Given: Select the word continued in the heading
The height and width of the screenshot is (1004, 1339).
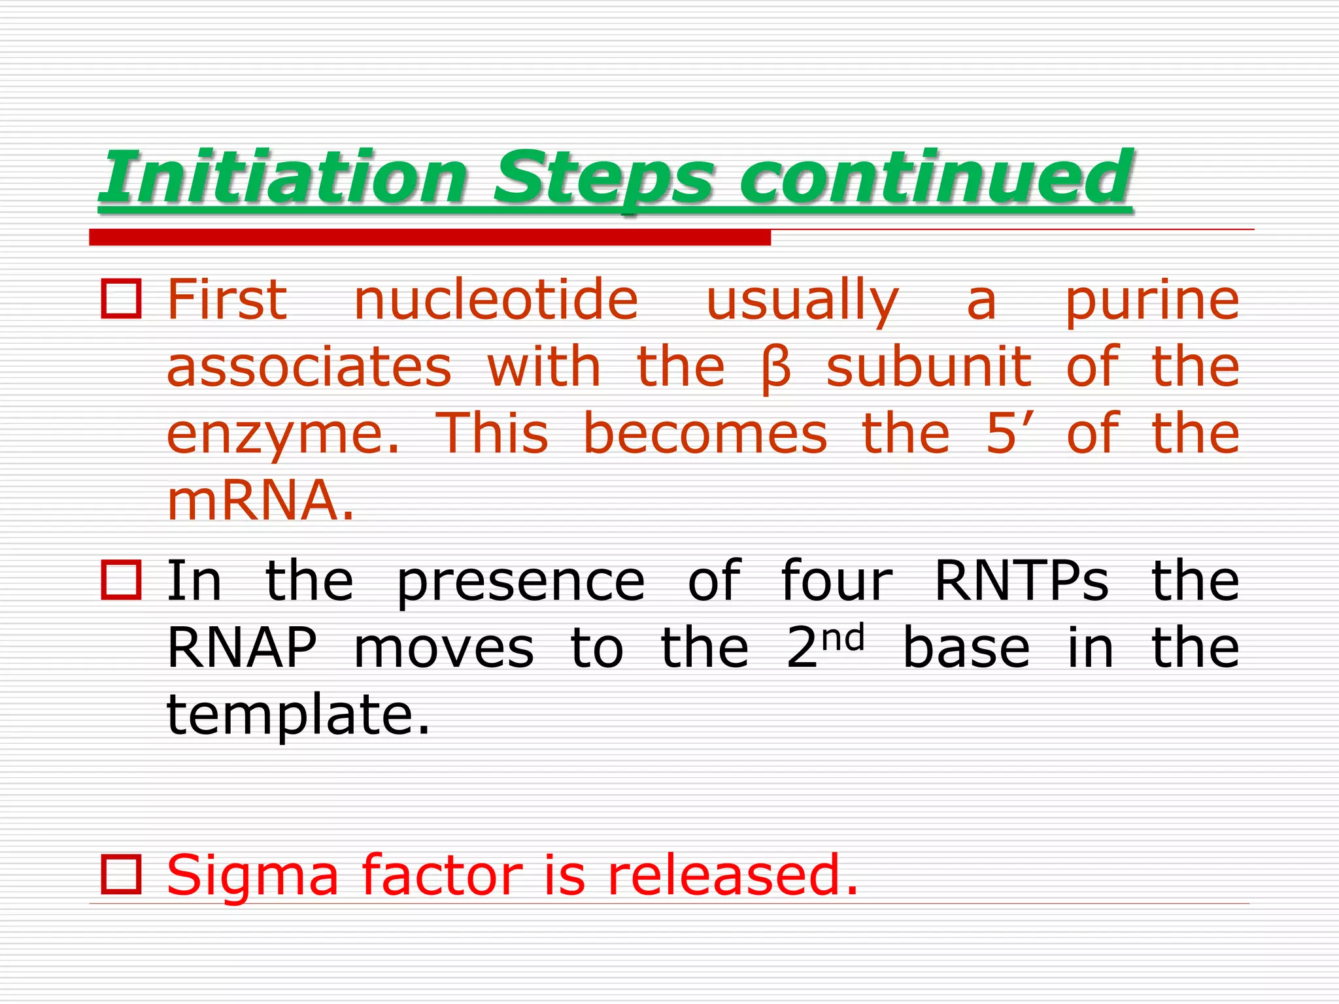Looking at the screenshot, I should coord(936,177).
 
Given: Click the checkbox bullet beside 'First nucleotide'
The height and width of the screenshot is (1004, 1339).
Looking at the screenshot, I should coord(121,299).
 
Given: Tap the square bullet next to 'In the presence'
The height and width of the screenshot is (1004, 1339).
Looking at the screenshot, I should coord(121,580).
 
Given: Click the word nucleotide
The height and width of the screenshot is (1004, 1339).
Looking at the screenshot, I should coord(496,301).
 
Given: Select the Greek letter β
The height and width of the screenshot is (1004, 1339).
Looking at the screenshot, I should coord(776,369).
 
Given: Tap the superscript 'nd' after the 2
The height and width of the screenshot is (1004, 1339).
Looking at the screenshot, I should coord(843,637).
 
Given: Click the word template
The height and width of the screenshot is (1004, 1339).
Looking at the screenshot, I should coord(297,716).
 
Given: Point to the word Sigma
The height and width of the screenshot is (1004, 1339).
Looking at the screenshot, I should coord(252,876).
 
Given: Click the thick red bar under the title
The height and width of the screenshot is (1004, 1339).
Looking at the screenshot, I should coord(430,237).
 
